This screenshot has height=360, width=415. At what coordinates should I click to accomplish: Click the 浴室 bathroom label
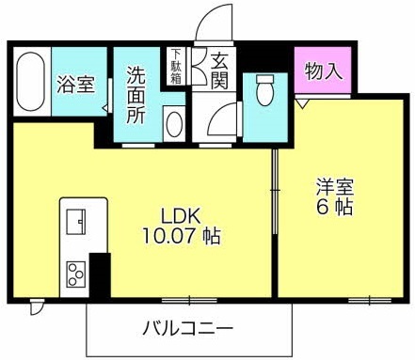pyautogui.click(x=76, y=85)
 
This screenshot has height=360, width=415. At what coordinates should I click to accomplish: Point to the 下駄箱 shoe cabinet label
pyautogui.click(x=175, y=66)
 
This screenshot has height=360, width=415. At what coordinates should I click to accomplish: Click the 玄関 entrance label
pyautogui.click(x=218, y=70)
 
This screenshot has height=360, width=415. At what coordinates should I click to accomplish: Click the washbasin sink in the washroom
pyautogui.click(x=175, y=124)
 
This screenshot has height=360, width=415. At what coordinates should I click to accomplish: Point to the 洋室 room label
pyautogui.click(x=333, y=187)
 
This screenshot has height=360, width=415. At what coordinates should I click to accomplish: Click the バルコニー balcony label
pyautogui.click(x=188, y=329)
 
